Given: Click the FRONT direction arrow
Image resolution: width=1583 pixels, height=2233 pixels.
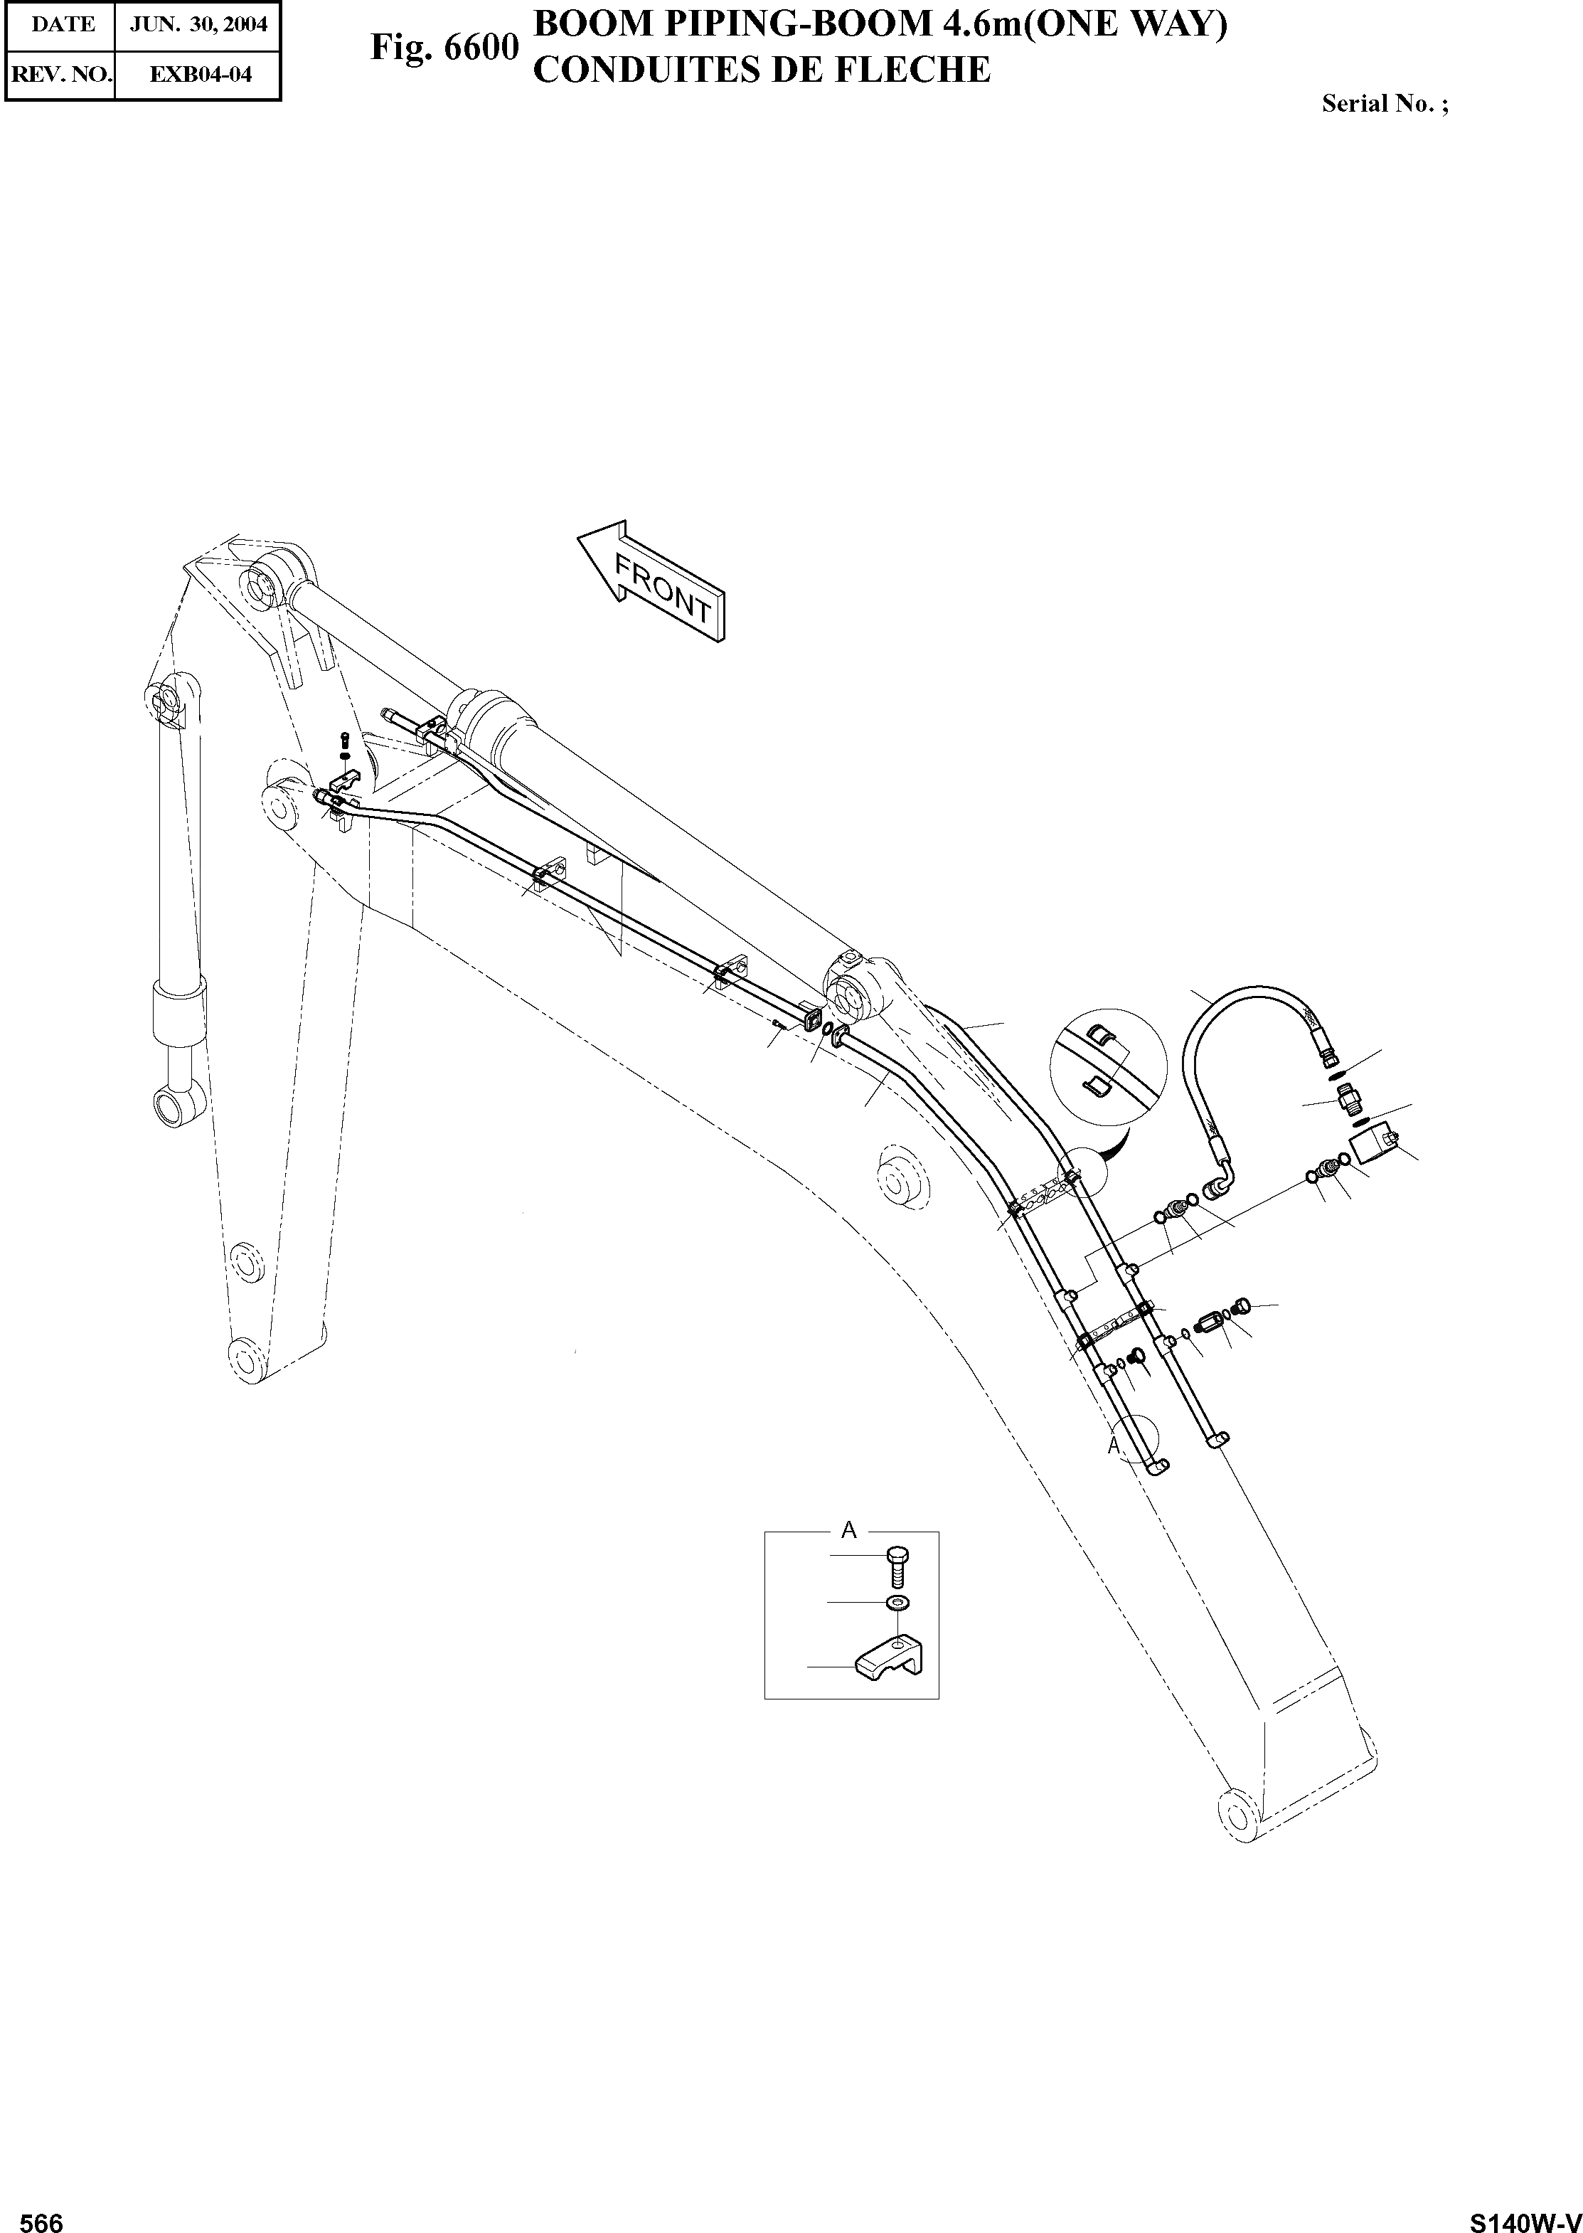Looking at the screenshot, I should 652,582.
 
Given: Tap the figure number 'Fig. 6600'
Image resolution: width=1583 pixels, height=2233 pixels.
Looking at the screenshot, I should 444,47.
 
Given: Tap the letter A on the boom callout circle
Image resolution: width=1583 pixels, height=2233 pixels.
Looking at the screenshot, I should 1115,1447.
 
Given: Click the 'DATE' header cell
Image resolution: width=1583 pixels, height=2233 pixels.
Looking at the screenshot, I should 60,24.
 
